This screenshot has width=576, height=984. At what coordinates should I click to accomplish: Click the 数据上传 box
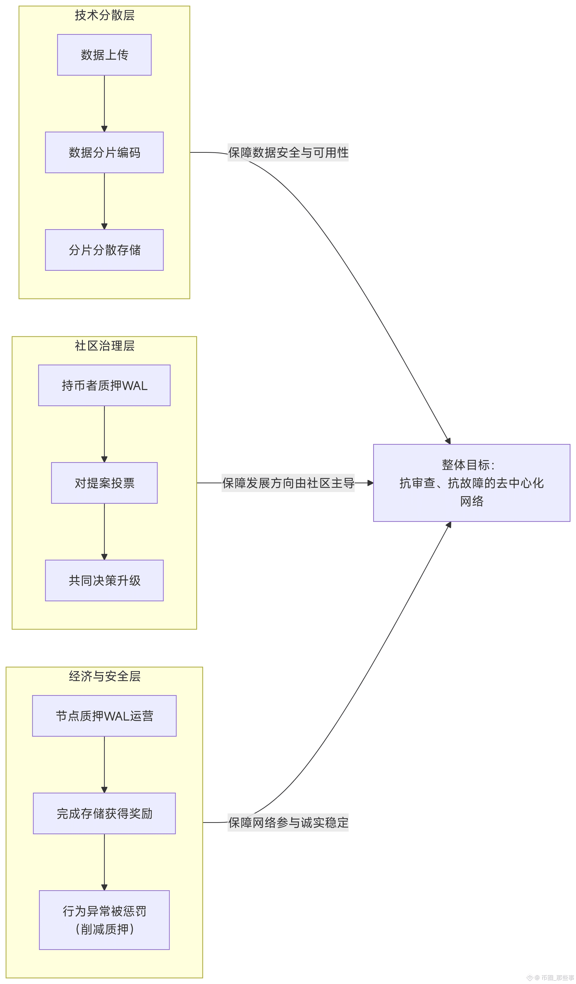pos(104,55)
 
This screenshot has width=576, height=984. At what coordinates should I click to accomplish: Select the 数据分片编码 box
pos(104,152)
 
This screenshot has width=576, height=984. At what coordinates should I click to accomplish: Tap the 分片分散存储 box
pos(104,250)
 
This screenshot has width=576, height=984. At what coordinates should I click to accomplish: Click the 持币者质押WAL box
pos(104,385)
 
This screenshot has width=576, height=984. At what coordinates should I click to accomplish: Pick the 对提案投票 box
pos(104,483)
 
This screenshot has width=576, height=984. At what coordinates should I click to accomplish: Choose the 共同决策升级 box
pos(104,581)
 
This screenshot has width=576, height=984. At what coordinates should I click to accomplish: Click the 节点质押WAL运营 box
pos(104,716)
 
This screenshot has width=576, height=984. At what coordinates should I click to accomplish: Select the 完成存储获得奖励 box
pos(104,814)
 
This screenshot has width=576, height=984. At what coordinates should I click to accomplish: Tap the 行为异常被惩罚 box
pos(104,920)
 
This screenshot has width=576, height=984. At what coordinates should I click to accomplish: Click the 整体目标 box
pos(471,483)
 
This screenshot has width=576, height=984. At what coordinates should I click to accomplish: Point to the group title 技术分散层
pos(105,15)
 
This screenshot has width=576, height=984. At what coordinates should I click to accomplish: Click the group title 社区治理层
pos(105,346)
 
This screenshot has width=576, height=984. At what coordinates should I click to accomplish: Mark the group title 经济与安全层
pos(105,677)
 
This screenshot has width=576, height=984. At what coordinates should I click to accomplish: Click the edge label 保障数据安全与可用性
pos(288,152)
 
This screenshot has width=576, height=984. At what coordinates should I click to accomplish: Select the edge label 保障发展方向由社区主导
pos(288,483)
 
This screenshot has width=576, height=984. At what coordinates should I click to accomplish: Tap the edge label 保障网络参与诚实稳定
pos(288,823)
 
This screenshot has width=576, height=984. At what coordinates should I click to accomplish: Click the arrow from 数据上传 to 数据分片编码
pos(104,103)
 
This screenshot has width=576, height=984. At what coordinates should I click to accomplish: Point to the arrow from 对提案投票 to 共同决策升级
pos(104,532)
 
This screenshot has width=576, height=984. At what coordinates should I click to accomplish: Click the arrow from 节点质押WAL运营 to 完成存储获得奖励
pos(104,765)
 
